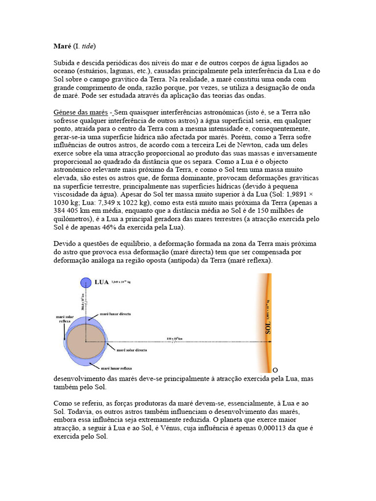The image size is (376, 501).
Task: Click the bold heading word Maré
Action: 62,46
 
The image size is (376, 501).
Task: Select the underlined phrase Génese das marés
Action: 81,112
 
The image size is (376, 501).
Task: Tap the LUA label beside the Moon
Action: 101,282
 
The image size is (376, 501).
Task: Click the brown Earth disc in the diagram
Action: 85,342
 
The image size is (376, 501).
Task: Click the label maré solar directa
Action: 132,350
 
